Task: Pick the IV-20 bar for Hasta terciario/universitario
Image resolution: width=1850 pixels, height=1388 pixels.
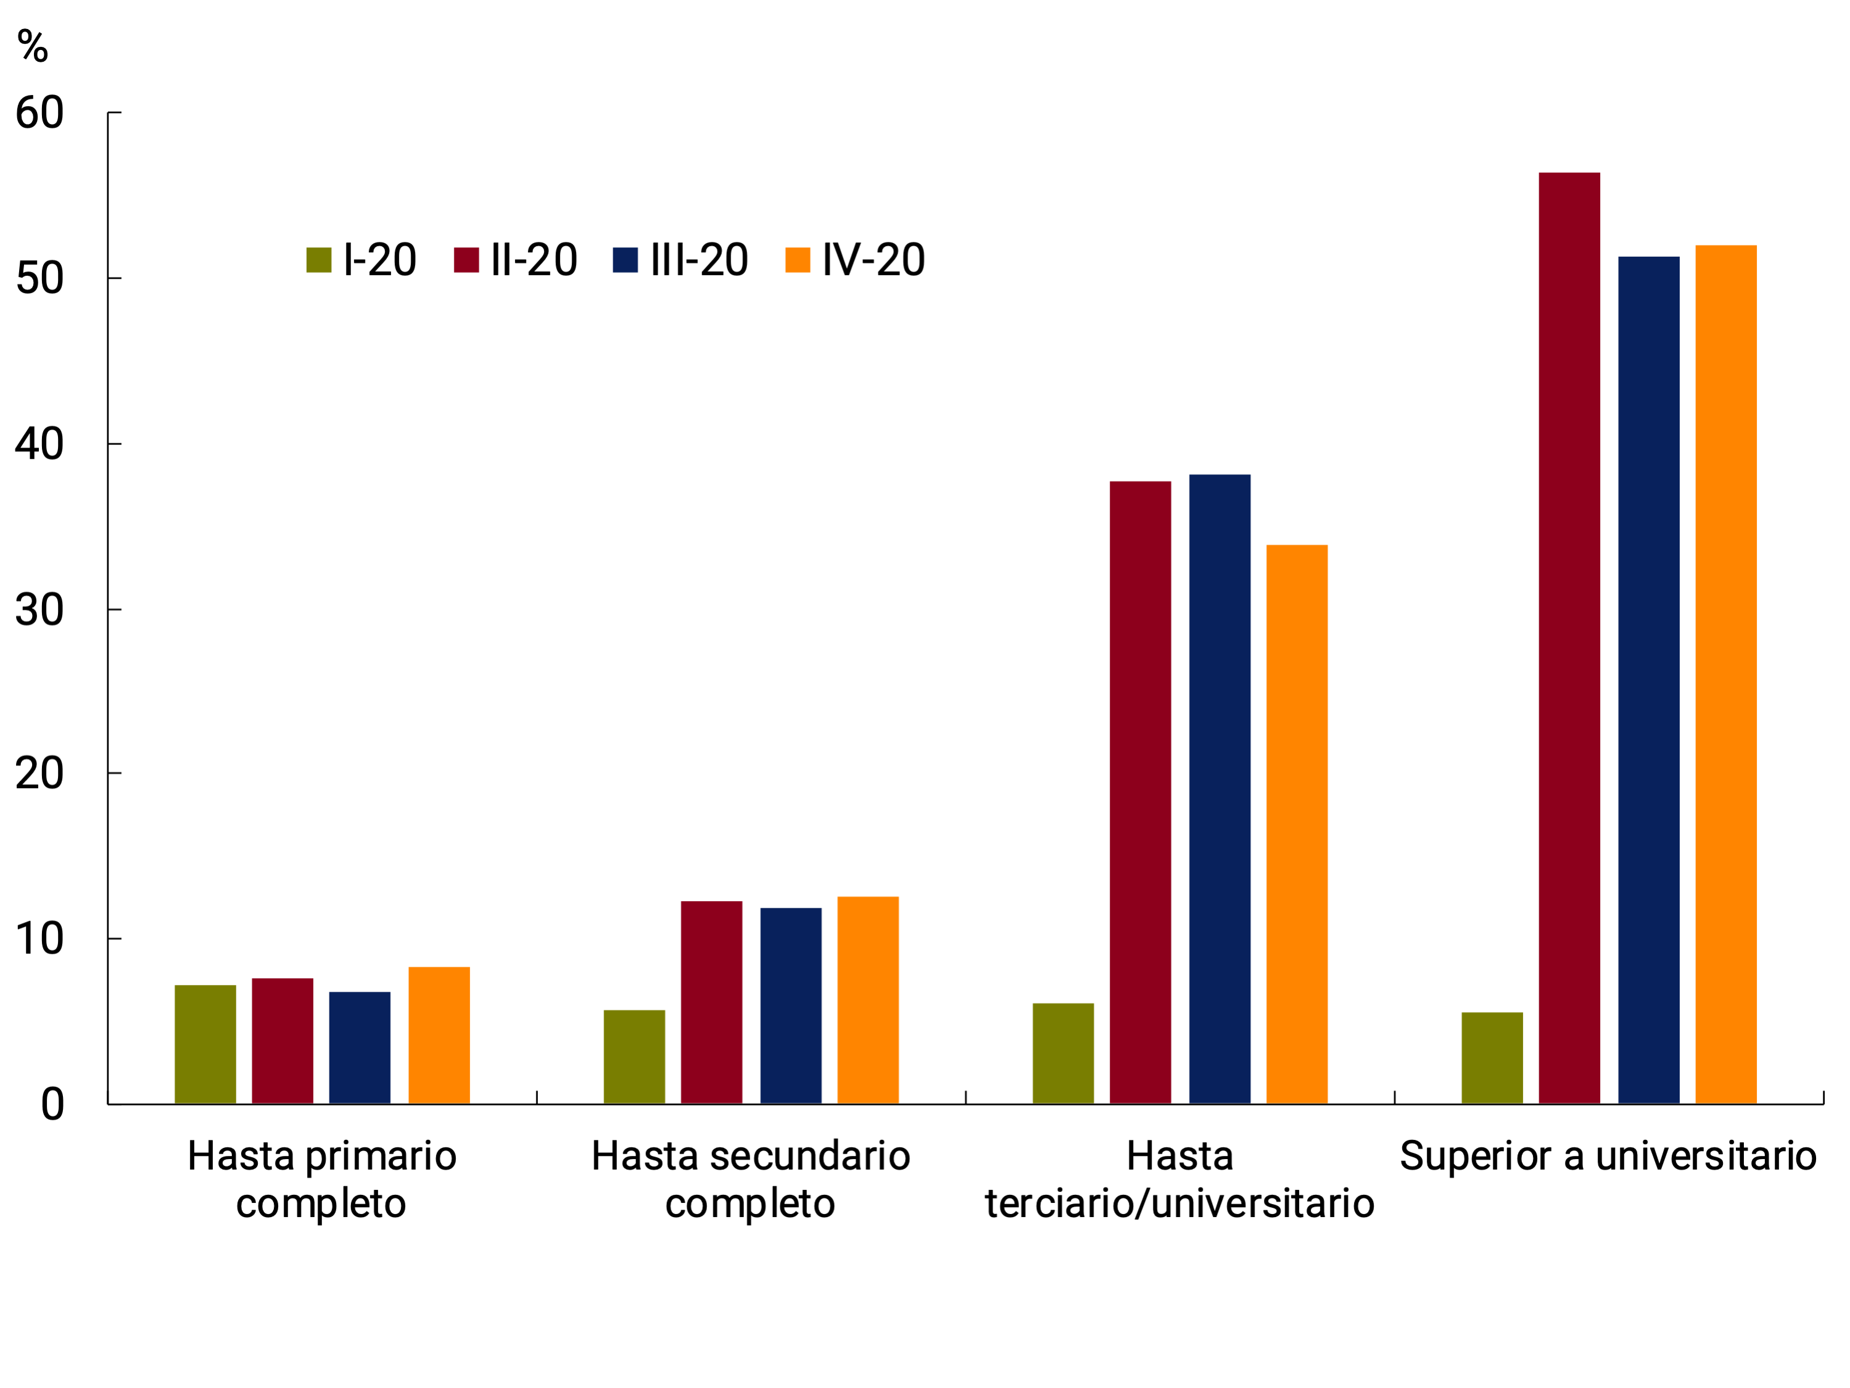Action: point(1296,824)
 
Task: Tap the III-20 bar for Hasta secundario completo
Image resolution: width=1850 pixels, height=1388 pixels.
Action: point(790,1005)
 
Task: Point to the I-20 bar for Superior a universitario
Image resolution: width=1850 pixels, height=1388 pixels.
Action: point(1492,1058)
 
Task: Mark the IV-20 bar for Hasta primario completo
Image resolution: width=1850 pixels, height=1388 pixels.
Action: point(439,1035)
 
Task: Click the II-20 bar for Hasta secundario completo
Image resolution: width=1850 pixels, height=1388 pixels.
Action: point(711,1002)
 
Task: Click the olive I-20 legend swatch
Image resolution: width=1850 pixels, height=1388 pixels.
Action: point(319,260)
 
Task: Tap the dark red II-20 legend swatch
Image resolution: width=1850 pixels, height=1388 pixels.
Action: point(466,260)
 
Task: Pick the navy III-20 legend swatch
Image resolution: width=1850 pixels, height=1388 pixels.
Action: point(625,260)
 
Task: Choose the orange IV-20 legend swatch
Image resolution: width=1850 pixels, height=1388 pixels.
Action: point(797,260)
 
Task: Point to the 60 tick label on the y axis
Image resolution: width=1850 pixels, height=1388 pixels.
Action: point(39,113)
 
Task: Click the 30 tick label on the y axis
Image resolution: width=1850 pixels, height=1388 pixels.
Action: point(39,610)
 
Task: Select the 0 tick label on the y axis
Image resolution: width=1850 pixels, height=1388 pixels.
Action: point(52,1104)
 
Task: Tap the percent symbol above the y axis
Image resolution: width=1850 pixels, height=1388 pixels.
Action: point(33,46)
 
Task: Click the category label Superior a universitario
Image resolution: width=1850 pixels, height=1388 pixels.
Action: point(1608,1156)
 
